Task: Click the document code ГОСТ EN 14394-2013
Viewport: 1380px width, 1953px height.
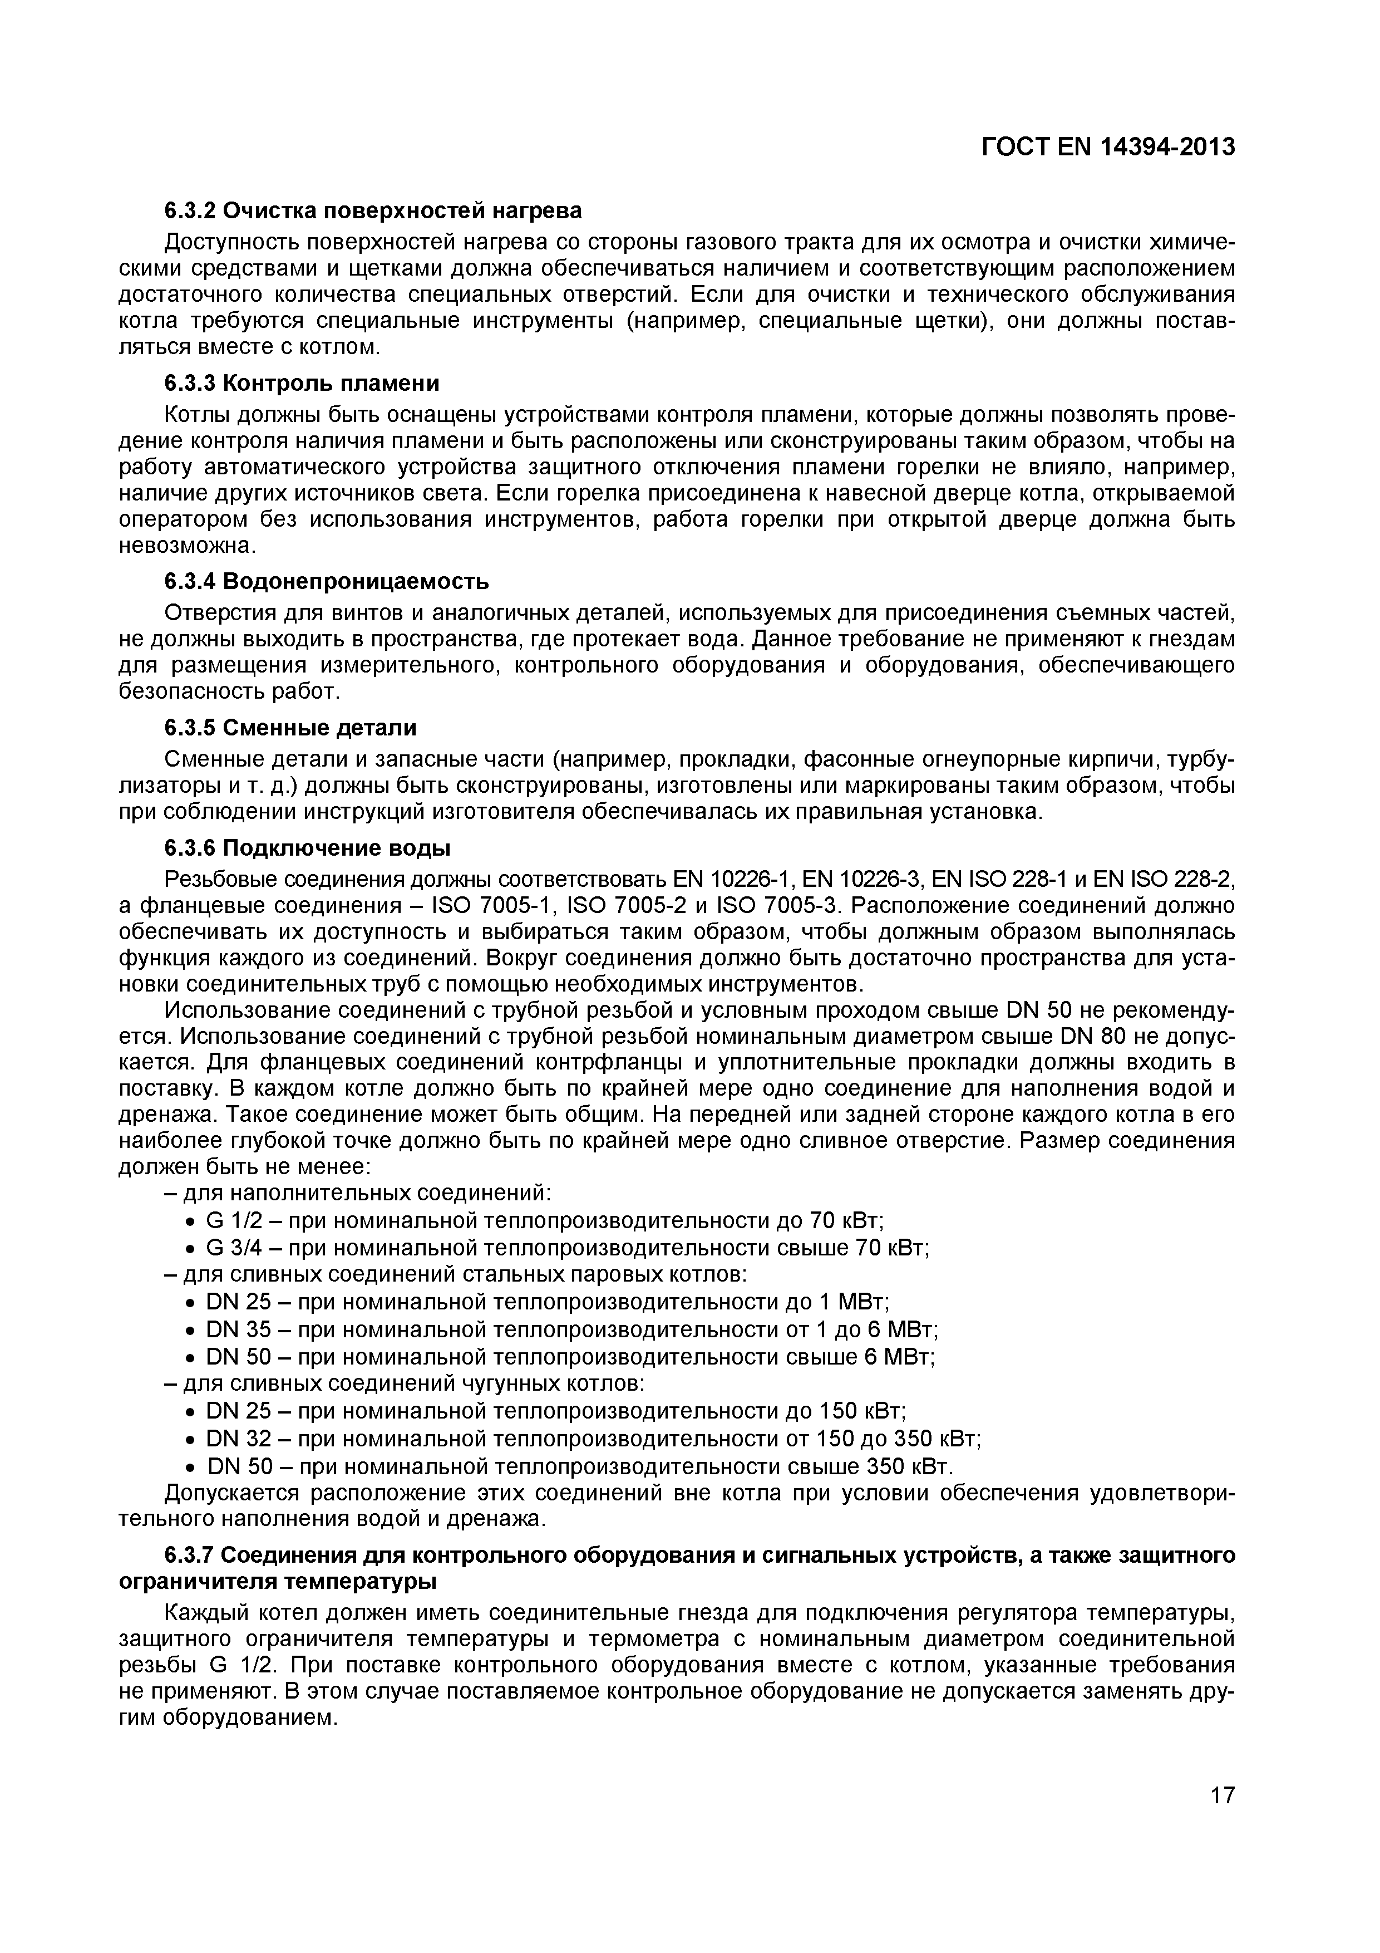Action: (x=1108, y=147)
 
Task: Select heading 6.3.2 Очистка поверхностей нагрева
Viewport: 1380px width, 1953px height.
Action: (x=373, y=209)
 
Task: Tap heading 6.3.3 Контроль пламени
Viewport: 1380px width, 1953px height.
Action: (x=302, y=384)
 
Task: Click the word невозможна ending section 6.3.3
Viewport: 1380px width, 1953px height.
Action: (x=185, y=545)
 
